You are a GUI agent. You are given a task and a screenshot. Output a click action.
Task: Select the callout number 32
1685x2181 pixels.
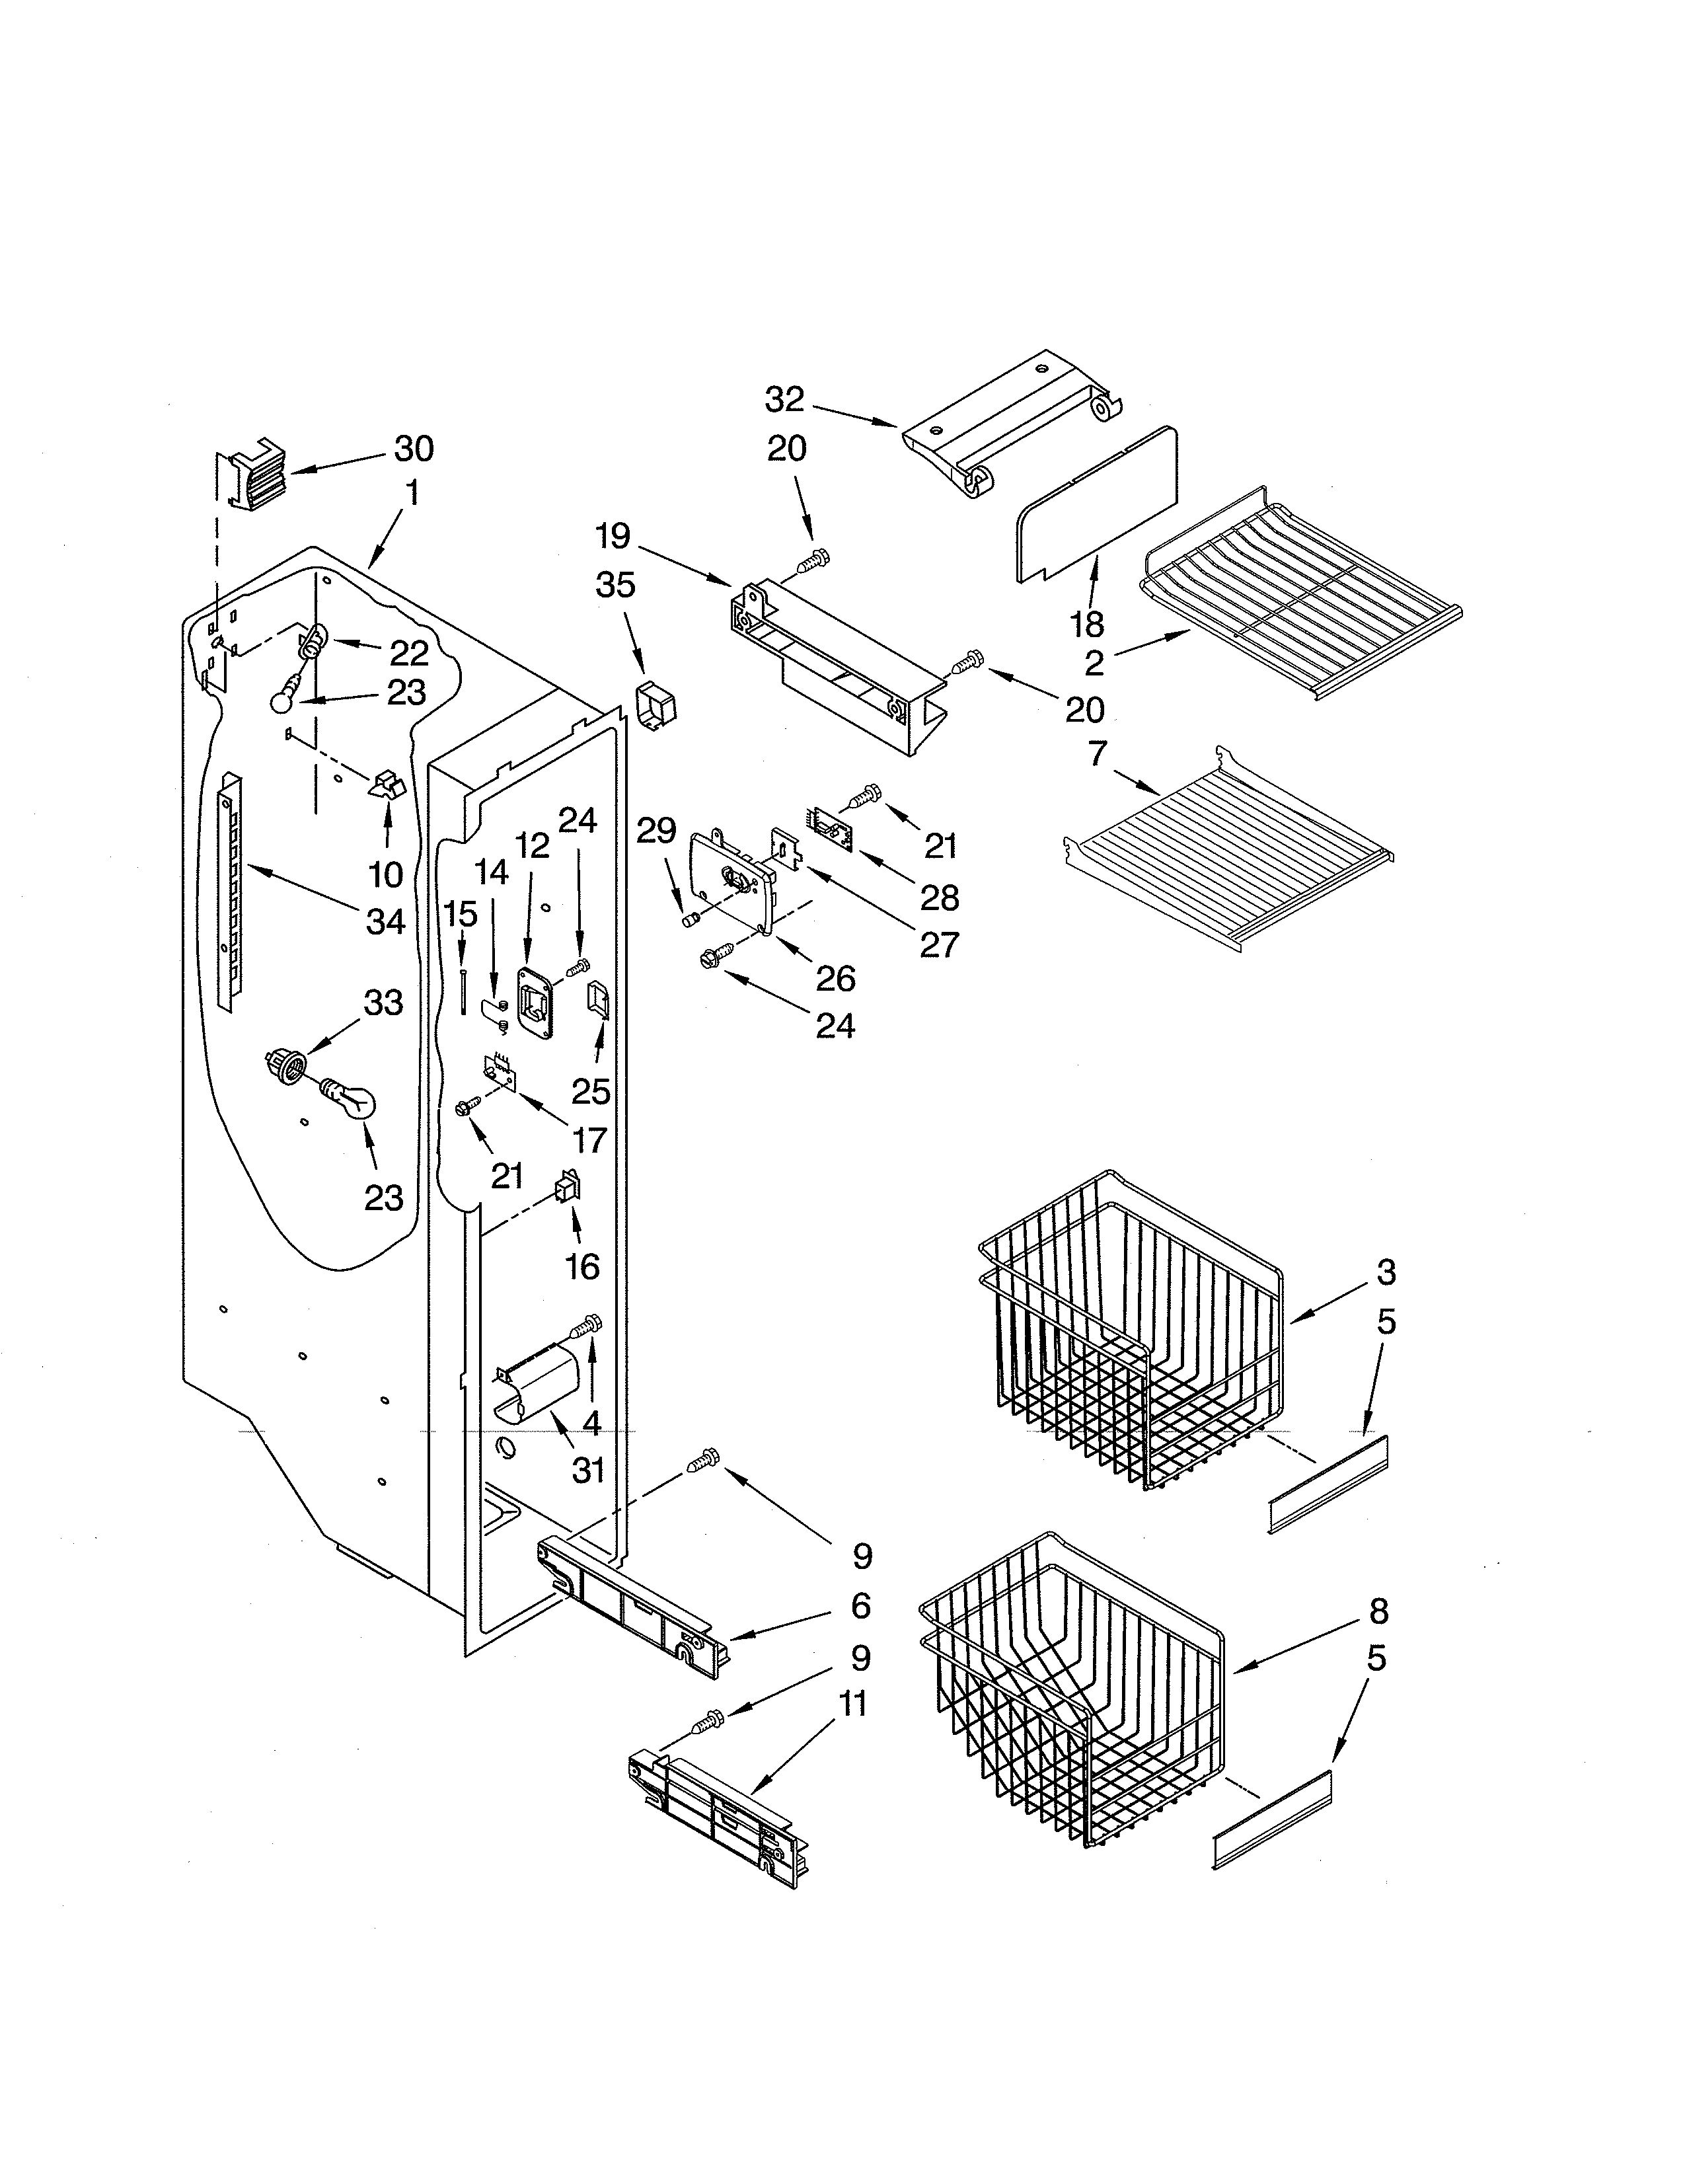tap(784, 399)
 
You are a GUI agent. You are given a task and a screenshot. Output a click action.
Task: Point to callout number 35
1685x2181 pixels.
tap(615, 585)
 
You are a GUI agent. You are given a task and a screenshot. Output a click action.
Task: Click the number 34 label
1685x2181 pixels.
tap(385, 922)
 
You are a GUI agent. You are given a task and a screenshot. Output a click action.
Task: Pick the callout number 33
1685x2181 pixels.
tap(383, 1002)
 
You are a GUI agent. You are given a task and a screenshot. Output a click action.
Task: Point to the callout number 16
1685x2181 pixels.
tap(582, 1266)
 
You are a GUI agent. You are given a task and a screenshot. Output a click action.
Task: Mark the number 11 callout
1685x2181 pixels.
tap(852, 1704)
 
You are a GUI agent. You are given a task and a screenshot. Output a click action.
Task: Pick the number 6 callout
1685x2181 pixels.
tap(860, 1606)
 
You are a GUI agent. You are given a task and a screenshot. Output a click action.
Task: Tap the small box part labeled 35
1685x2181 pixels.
tap(655, 708)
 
